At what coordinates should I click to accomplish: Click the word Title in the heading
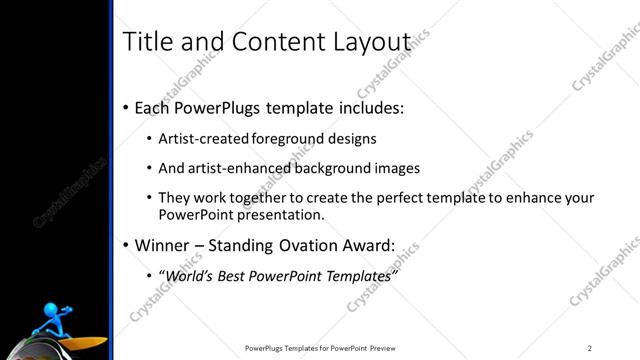point(143,42)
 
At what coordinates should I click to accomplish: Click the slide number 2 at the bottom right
point(590,348)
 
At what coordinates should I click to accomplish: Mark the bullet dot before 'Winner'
point(125,245)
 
